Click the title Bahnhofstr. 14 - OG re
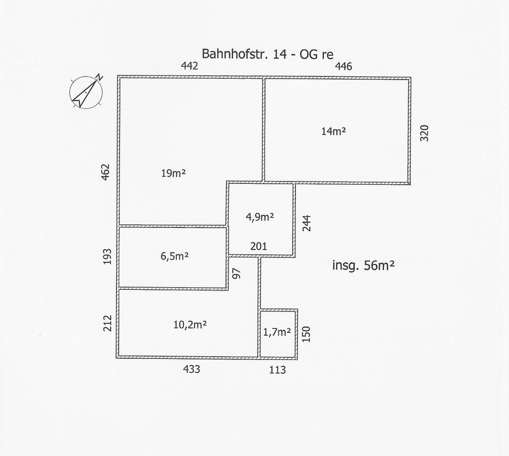pyautogui.click(x=267, y=55)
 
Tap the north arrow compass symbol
pyautogui.click(x=86, y=91)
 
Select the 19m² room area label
pyautogui.click(x=173, y=173)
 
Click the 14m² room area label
pyautogui.click(x=334, y=131)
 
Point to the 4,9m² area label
pyautogui.click(x=260, y=217)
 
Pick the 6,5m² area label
pyautogui.click(x=175, y=256)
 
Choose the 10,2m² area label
pyautogui.click(x=190, y=325)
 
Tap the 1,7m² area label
pyautogui.click(x=277, y=332)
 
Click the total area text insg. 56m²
pyautogui.click(x=363, y=265)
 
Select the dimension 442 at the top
pyautogui.click(x=189, y=66)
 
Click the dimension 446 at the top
pyautogui.click(x=343, y=66)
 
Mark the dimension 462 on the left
pyautogui.click(x=106, y=173)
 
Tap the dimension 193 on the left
pyautogui.click(x=107, y=257)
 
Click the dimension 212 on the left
pyautogui.click(x=107, y=323)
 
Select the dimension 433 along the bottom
pyautogui.click(x=191, y=369)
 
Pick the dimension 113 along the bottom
pyautogui.click(x=277, y=370)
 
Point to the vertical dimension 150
pyautogui.click(x=306, y=334)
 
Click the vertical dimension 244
pyautogui.click(x=306, y=222)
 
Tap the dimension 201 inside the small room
pyautogui.click(x=258, y=247)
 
